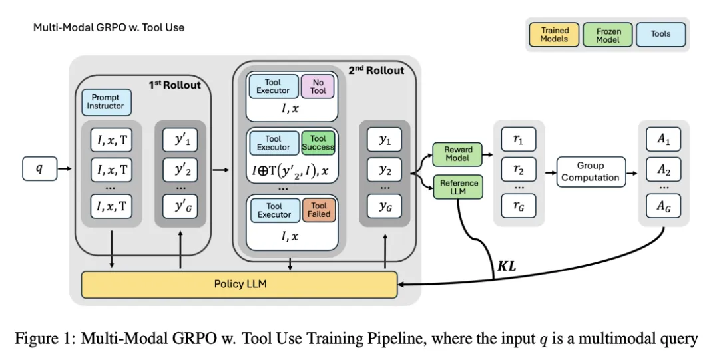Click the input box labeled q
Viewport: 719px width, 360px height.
[x=39, y=169]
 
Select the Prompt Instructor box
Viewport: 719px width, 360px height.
[x=107, y=102]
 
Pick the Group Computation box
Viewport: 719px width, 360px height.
[x=591, y=172]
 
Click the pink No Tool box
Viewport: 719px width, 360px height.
[x=318, y=86]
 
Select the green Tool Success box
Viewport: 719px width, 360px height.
[x=318, y=142]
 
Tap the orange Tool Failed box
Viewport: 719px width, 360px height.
[x=318, y=210]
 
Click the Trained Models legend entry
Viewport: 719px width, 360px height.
[x=555, y=35]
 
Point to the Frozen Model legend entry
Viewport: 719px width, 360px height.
[x=607, y=35]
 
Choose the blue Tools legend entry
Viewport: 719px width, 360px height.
[x=660, y=34]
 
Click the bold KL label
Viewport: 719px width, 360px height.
[x=507, y=266]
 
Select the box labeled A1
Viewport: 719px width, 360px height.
[x=664, y=141]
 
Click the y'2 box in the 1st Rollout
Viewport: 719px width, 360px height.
[x=181, y=171]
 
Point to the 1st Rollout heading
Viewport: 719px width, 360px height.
[x=175, y=85]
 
